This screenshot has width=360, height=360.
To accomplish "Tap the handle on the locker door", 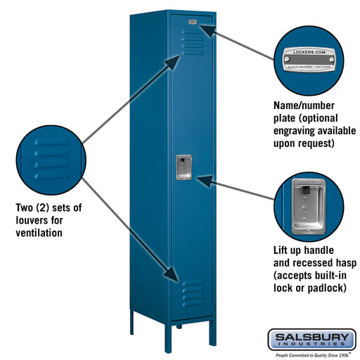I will (x=182, y=167).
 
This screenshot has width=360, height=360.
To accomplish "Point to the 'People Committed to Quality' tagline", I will (x=309, y=355).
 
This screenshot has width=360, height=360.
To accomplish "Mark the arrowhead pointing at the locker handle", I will (x=202, y=181).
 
